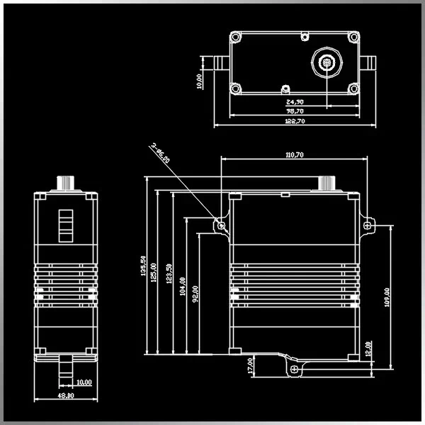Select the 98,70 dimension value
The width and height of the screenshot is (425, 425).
tap(295, 111)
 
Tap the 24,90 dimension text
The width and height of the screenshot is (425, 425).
tap(295, 101)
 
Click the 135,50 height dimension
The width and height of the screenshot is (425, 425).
tap(144, 267)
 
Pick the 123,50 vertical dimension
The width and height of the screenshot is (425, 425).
tap(168, 275)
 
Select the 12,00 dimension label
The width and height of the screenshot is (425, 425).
tap(368, 348)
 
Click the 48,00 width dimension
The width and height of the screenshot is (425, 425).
tap(65, 395)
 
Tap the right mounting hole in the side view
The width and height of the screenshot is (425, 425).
tap(367, 224)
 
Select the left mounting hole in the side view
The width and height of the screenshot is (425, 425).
tap(222, 225)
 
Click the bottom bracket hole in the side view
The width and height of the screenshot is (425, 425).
tap(292, 368)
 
